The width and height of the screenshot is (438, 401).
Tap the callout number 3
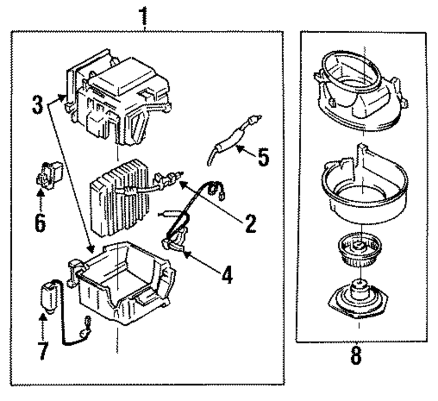coord(38,104)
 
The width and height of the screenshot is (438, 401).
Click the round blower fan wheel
coord(357,250)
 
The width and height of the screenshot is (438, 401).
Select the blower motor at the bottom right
coord(358,298)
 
